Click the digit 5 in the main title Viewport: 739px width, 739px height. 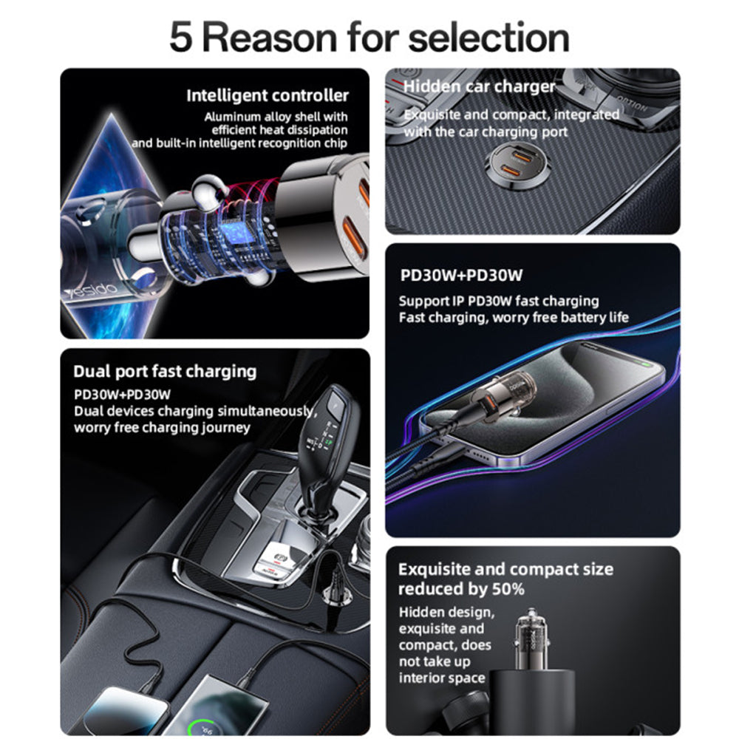pos(183,36)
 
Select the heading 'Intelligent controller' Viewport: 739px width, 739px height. pos(267,95)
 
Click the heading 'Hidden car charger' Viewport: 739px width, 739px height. pos(479,86)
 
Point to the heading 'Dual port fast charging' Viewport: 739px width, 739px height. pos(165,371)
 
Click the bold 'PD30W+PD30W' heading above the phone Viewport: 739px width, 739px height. pos(461,276)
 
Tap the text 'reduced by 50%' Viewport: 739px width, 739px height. pos(461,589)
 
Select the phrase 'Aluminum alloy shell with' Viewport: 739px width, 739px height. pos(276,117)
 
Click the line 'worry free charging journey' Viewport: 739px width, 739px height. pos(162,428)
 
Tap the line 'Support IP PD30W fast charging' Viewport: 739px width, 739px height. pos(499,301)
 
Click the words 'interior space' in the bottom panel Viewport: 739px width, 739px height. pos(442,678)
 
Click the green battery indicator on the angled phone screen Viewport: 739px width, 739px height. pos(648,364)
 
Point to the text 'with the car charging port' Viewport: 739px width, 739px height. pos(486,132)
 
